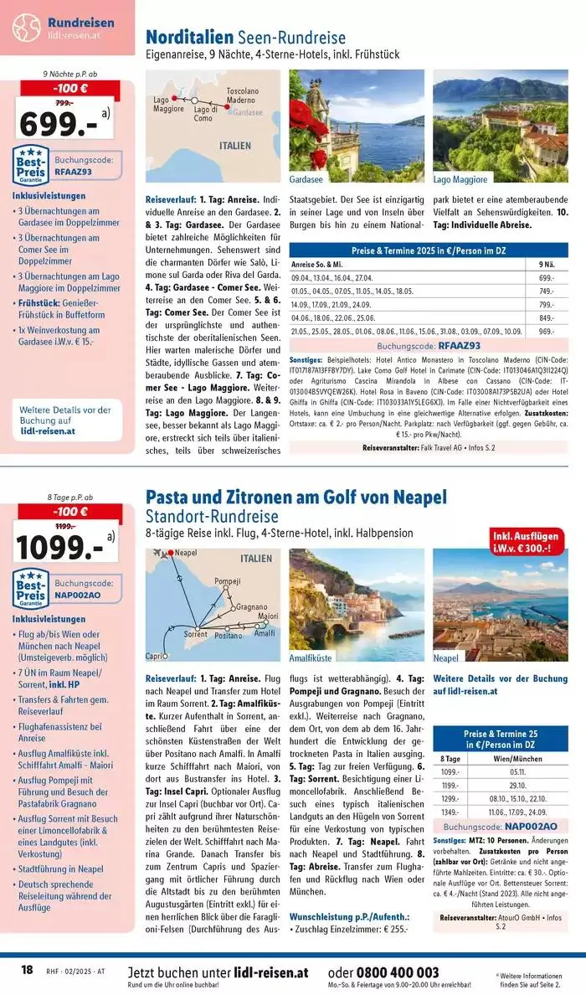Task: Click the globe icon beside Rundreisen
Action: point(26,27)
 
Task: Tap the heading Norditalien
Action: point(189,38)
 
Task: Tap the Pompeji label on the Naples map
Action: point(227,581)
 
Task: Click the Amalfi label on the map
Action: point(265,633)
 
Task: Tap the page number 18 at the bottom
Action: point(27,969)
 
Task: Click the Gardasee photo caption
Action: point(307,179)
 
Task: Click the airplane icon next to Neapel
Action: point(157,554)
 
